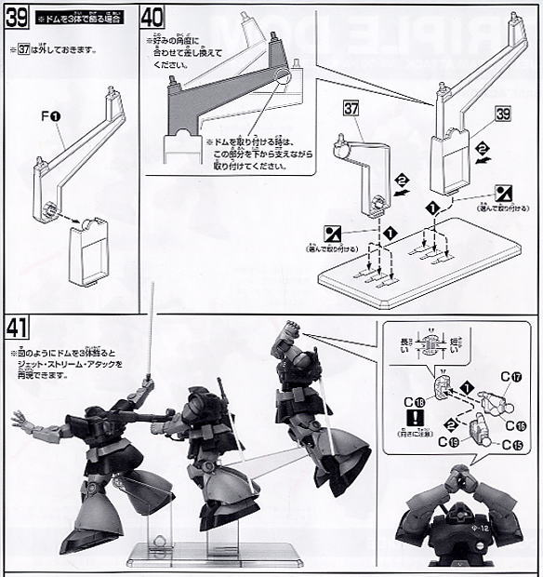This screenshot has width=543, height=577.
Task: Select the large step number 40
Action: tap(154, 17)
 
